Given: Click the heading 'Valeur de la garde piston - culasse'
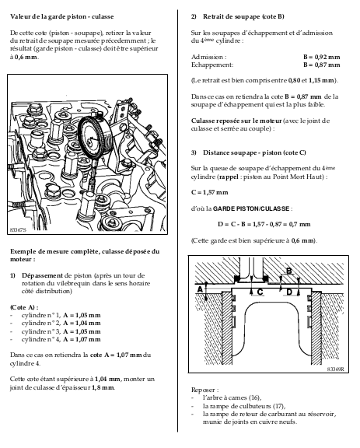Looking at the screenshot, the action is coord(62,16).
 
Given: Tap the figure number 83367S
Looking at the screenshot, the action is coord(18,229).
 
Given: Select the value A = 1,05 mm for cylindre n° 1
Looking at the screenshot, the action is coord(82,316).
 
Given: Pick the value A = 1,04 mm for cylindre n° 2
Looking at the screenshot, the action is coord(82,323).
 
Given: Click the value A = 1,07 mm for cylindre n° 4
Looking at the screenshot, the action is coord(82,339).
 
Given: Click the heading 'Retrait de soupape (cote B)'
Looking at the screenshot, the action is coord(243,16).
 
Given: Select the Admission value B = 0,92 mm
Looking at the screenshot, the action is coord(322,57).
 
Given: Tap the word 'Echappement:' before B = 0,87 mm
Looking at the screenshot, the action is coord(212,65).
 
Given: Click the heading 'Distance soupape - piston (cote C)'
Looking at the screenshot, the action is coord(254,152).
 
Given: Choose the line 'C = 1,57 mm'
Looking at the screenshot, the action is coord(209,192).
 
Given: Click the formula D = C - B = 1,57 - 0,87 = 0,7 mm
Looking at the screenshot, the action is coord(264,224).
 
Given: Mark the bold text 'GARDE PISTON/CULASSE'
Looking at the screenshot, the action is coord(251,208).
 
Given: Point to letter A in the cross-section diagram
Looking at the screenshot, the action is coord(200,289).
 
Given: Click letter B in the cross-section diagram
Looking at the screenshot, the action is coord(289,271).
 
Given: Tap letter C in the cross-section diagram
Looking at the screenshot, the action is coord(260,292).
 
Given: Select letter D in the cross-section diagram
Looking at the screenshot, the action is coord(289,292).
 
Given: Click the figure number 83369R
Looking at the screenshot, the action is coord(336,369).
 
